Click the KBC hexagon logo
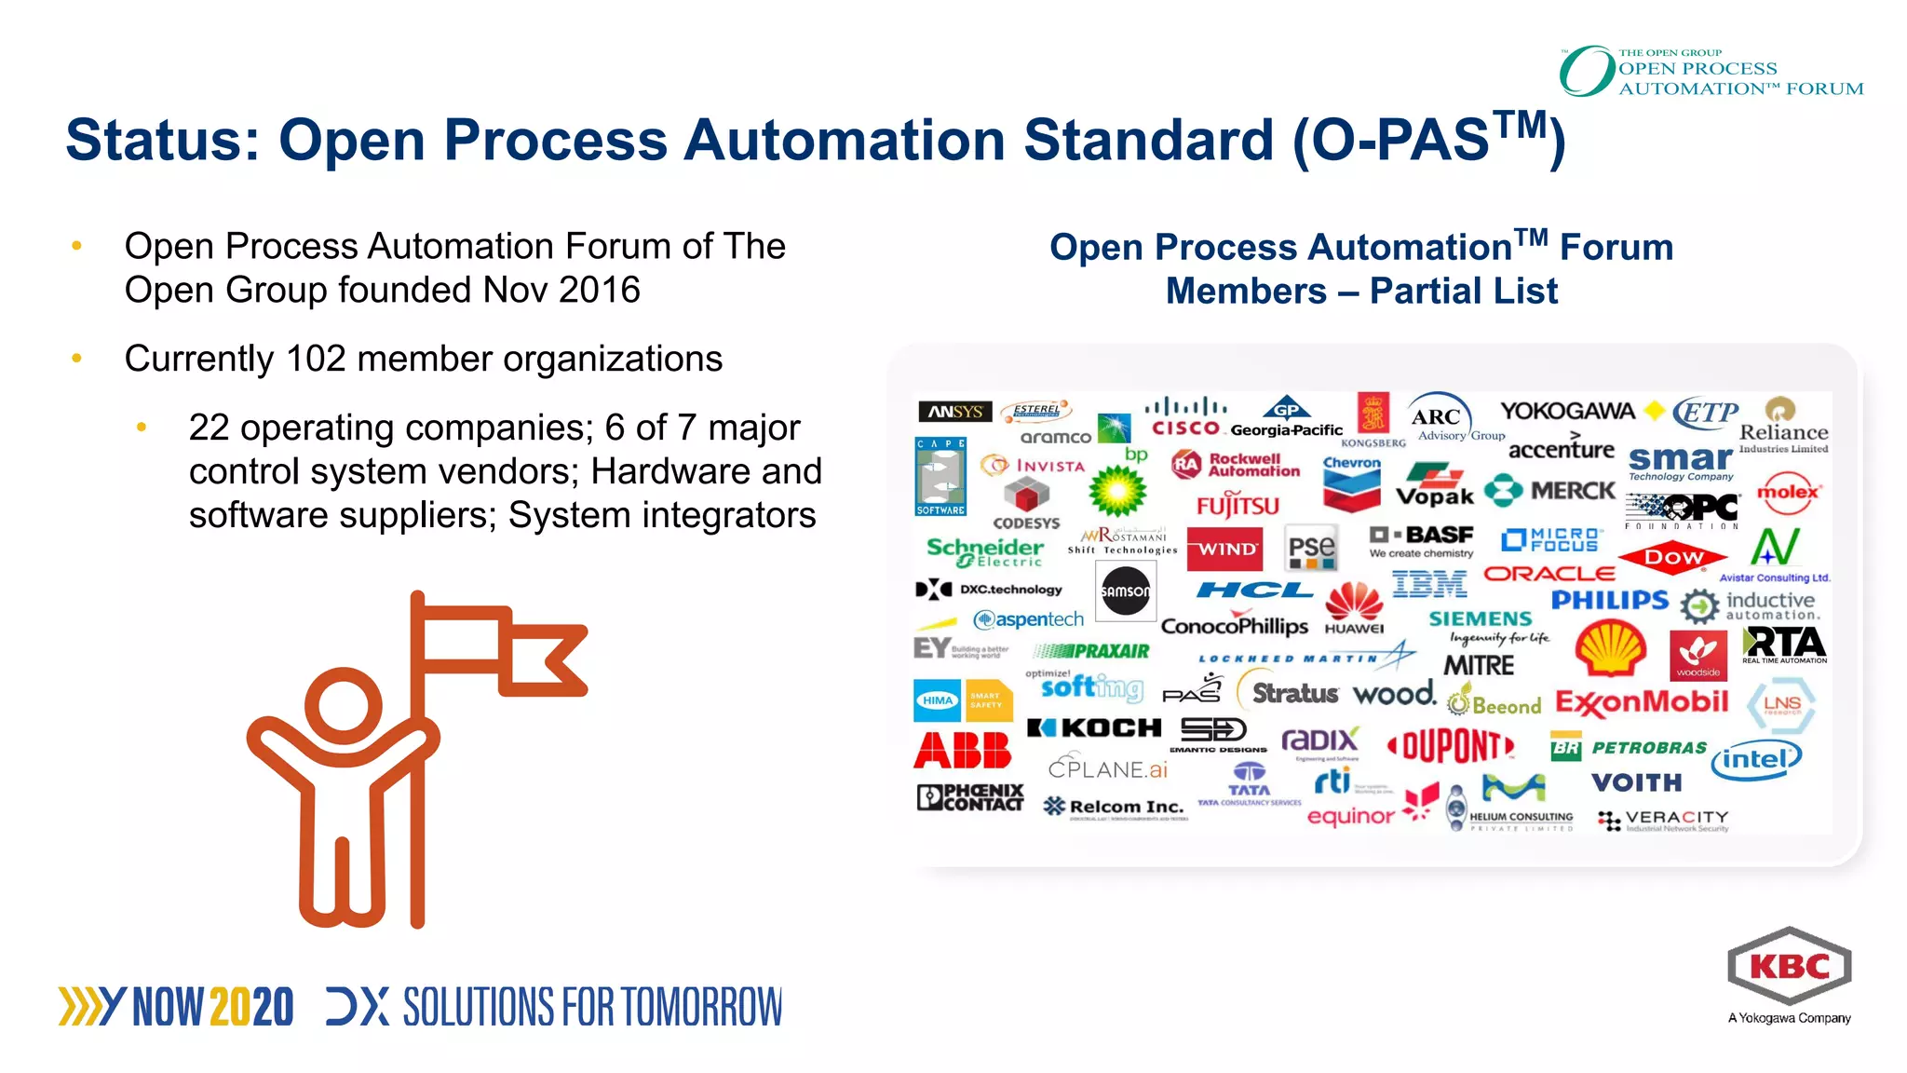coord(1789,966)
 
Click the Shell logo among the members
coord(1610,649)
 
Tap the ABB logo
coord(962,751)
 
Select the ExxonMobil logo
coord(1642,702)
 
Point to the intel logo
coord(1755,759)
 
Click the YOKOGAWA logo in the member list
coord(1567,411)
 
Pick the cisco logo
coord(1185,417)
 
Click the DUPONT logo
coord(1451,746)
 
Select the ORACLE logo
coord(1549,574)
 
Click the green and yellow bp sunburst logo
coord(1117,490)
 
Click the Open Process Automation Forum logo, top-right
coord(1711,72)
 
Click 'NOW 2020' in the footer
coord(212,1007)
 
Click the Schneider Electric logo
coord(985,551)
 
